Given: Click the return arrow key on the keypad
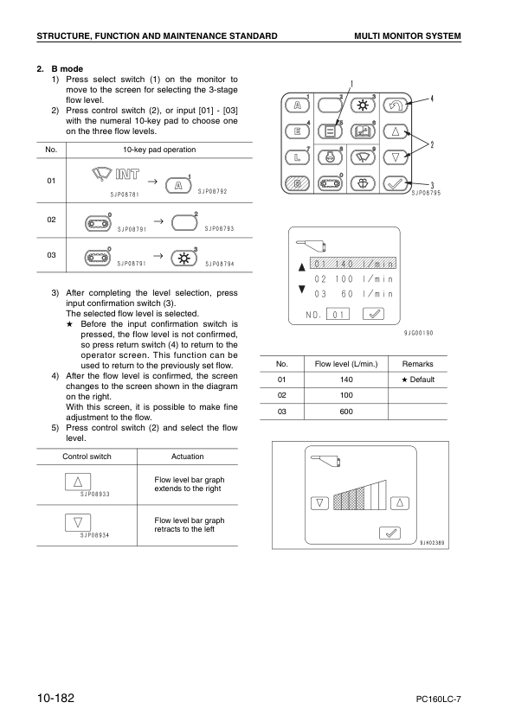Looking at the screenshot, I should click(x=395, y=105).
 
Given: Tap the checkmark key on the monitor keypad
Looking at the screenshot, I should click(x=395, y=183).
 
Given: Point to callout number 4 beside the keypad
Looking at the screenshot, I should click(x=433, y=98).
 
